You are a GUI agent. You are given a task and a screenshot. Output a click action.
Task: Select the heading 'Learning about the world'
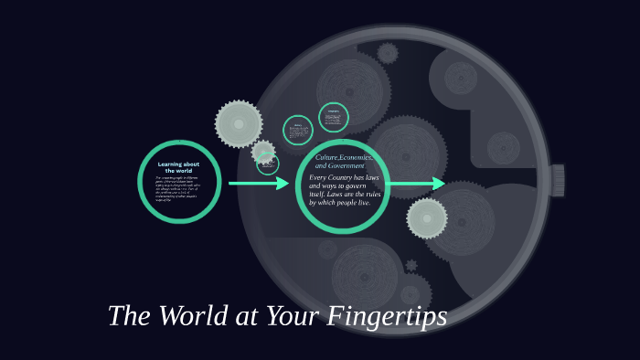pyautogui.click(x=178, y=167)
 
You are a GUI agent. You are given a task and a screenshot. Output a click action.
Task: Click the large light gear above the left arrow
pyautogui.click(x=239, y=123)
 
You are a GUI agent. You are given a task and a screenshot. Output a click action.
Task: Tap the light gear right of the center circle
pyautogui.click(x=427, y=218)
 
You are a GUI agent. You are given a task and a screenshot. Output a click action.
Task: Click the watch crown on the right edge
pyautogui.click(x=557, y=180)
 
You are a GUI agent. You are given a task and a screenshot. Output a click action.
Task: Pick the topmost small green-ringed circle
pyautogui.click(x=334, y=117)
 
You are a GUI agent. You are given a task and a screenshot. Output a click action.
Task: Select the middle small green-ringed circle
pyautogui.click(x=298, y=130)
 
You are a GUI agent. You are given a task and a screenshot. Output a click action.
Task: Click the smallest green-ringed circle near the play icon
pyautogui.click(x=268, y=164)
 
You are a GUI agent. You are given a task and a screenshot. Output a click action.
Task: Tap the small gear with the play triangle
pyautogui.click(x=263, y=153)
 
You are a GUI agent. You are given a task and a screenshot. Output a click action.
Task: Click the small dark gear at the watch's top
pyautogui.click(x=388, y=52)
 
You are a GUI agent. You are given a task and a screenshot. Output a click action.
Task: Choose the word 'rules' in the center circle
pyautogui.click(x=371, y=194)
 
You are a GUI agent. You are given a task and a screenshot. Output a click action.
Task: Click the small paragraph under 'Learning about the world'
pyautogui.click(x=178, y=187)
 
